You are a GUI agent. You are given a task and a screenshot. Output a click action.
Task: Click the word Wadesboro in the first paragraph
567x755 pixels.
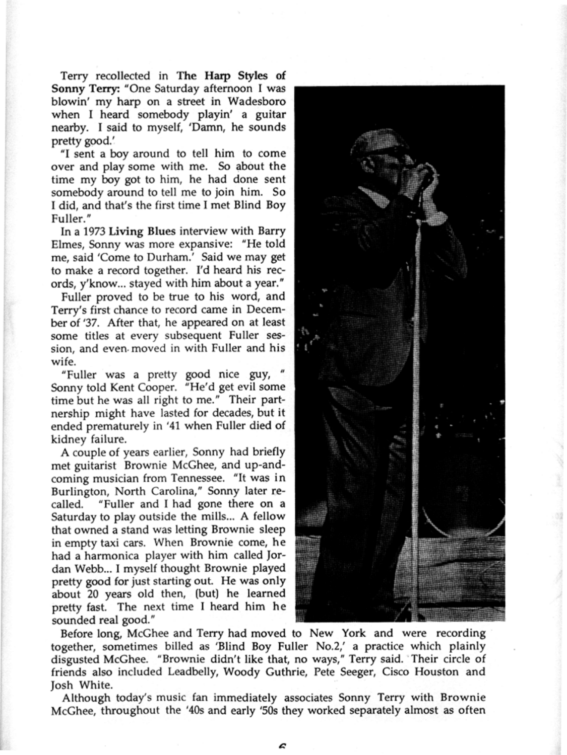click(259, 102)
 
